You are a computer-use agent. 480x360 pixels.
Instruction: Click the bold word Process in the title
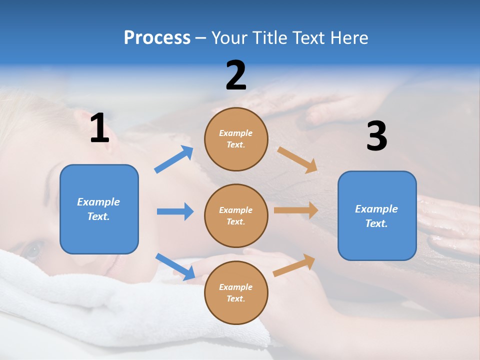pos(157,38)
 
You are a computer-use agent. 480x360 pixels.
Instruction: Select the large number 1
pos(99,128)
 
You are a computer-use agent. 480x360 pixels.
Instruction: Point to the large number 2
pos(236,75)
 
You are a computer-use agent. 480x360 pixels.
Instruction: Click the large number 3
pos(376,136)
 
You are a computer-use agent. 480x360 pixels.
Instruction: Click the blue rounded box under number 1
pos(99,209)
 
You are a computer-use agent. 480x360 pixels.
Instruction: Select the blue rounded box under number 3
pos(377,216)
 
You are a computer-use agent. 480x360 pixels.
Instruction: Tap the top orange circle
pos(236,139)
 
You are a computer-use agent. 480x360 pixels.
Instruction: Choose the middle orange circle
pos(236,216)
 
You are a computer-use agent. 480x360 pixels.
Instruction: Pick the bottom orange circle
pos(236,293)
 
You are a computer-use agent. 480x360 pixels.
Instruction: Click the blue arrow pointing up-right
pos(174,159)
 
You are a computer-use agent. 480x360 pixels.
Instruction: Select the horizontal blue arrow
pos(175,211)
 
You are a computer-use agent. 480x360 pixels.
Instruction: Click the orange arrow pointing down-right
pos(297,159)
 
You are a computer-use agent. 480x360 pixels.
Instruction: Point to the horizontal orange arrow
pos(296,210)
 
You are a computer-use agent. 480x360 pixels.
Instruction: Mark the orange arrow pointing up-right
pos(294,265)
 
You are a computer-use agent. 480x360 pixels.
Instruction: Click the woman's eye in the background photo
pos(32,249)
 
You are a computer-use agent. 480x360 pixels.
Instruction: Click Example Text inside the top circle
pos(236,139)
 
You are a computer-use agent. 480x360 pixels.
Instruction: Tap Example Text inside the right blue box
pos(376,216)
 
